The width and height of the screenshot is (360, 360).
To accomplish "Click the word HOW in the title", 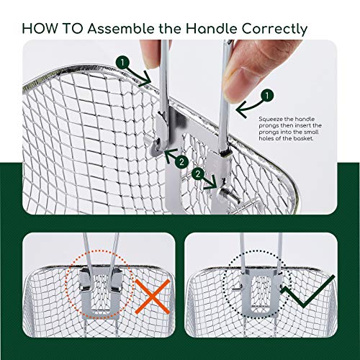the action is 40,29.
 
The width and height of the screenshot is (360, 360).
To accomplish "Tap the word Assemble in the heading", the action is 121,29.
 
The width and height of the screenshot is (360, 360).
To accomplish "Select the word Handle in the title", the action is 212,29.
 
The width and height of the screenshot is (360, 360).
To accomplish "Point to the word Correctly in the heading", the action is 274,30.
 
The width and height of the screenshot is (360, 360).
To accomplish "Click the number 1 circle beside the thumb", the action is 267,96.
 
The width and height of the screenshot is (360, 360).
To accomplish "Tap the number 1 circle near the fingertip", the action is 122,63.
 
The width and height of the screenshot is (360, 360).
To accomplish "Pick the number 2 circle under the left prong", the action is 181,162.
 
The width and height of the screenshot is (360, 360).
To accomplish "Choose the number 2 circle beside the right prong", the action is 198,174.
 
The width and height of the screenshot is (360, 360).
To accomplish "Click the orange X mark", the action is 153,297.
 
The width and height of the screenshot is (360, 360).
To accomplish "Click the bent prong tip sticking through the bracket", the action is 229,194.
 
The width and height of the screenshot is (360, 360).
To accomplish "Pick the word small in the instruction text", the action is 311,132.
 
